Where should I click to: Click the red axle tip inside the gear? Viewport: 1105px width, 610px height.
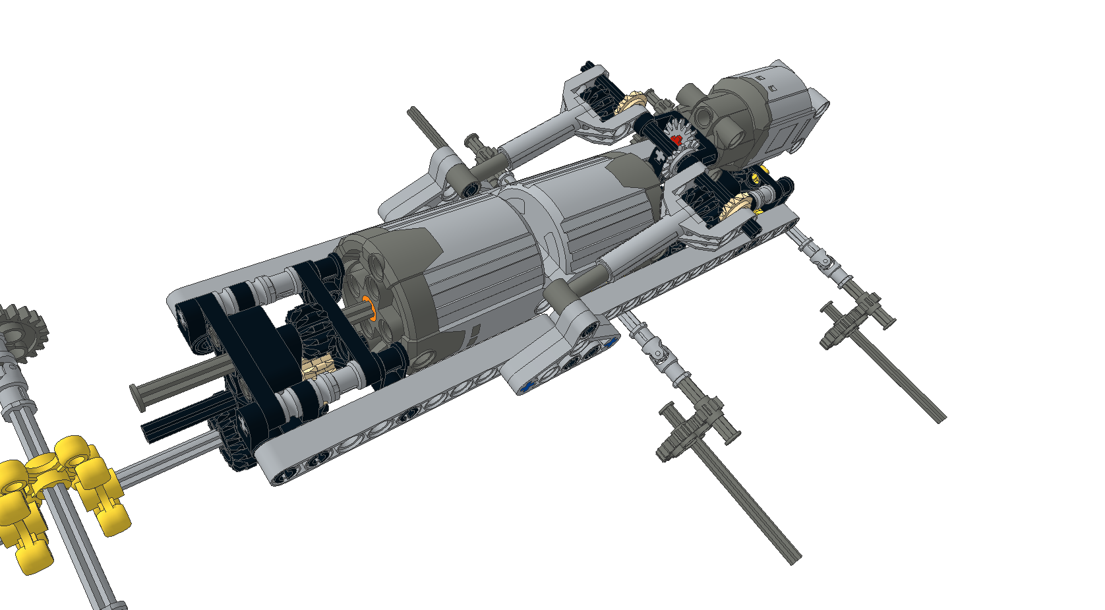[676, 140]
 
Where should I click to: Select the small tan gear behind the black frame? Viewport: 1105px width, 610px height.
[318, 365]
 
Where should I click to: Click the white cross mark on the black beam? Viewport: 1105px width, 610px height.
[660, 156]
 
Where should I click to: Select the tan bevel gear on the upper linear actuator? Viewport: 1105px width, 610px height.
[630, 103]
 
